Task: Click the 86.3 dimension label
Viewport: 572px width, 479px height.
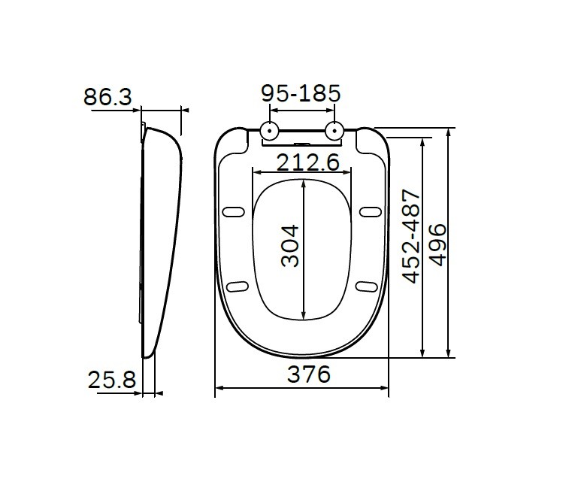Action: point(107,97)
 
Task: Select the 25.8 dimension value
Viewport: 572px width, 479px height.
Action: point(111,380)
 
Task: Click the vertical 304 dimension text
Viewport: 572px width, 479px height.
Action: point(290,245)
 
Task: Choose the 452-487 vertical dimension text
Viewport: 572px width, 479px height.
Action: point(411,236)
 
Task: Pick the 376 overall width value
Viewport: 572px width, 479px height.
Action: point(309,374)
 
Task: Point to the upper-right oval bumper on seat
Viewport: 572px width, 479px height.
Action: point(370,211)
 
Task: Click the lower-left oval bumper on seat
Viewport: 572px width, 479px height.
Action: point(238,285)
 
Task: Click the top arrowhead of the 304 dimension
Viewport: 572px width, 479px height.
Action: point(303,183)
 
